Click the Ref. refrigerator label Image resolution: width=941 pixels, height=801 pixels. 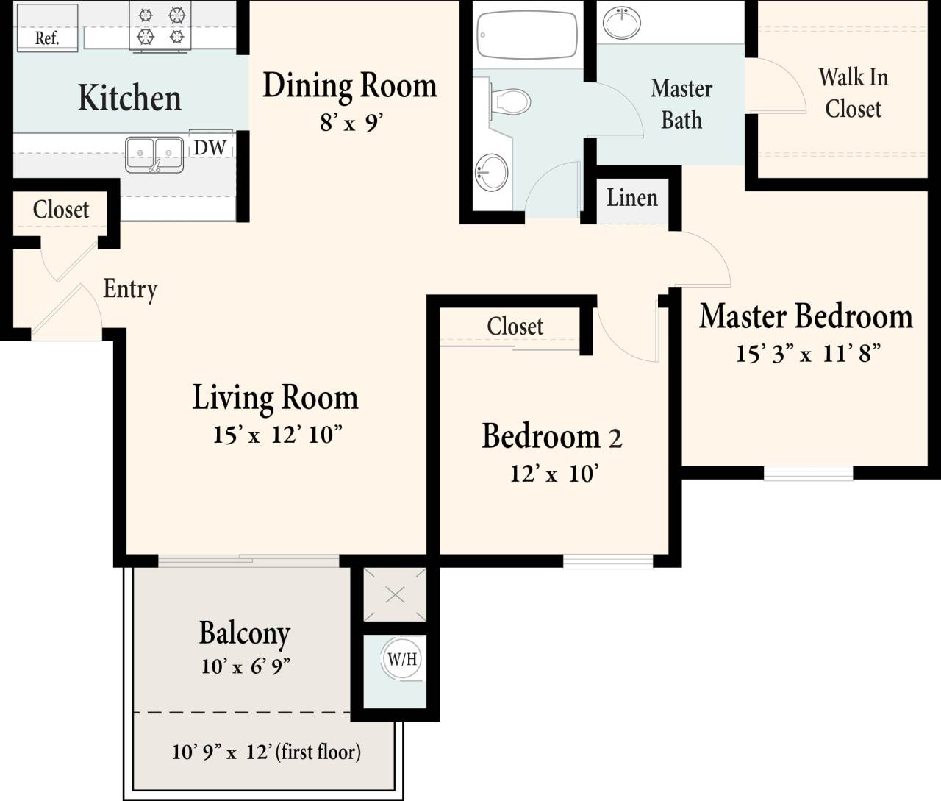click(x=46, y=38)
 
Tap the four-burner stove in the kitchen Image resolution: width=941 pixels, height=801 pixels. click(x=160, y=26)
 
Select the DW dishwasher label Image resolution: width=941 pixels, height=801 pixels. click(x=210, y=147)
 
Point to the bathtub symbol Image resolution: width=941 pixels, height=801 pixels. click(x=527, y=34)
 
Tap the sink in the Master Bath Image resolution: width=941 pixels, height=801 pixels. click(x=621, y=22)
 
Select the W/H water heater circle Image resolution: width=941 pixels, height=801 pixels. click(x=402, y=658)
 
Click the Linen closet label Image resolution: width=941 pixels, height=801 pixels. click(x=631, y=198)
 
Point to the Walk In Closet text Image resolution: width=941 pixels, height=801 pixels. click(x=853, y=93)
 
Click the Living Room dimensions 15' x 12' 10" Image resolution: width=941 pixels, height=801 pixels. click(x=277, y=435)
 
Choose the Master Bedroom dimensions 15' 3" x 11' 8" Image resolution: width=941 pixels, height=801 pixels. click(x=807, y=354)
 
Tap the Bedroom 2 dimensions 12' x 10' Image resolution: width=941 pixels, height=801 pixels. click(x=554, y=474)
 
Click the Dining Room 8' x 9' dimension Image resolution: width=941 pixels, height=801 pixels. click(x=350, y=122)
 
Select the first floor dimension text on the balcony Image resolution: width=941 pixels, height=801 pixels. click(x=266, y=752)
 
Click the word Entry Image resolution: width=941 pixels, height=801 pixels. click(x=130, y=289)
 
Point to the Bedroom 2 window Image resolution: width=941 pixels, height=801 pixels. click(x=608, y=561)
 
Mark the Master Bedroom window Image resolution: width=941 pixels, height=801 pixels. click(x=808, y=473)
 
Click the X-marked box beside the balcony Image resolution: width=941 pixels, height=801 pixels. click(x=395, y=595)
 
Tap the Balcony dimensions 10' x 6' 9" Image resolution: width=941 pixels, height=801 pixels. click(x=246, y=666)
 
